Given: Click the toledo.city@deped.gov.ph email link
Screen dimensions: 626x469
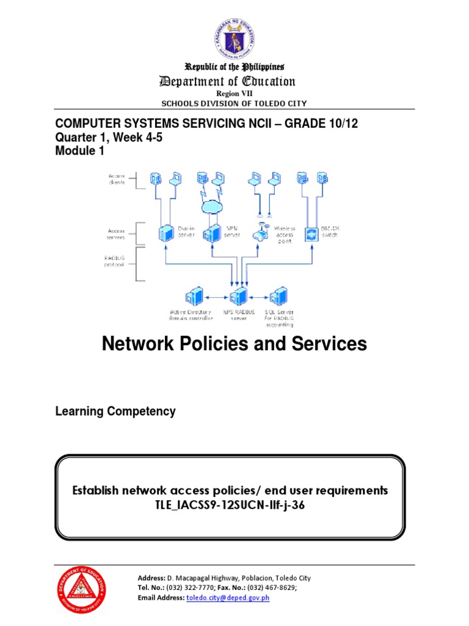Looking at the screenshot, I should click(228, 597).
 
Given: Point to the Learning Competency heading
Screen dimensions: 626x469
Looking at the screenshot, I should click(115, 411).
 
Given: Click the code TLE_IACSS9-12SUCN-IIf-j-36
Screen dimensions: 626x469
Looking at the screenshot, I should click(230, 504).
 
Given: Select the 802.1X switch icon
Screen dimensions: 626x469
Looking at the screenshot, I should click(311, 233).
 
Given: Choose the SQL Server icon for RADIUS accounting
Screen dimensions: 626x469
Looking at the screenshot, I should click(280, 296).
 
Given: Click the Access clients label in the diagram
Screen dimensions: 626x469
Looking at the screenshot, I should click(116, 179).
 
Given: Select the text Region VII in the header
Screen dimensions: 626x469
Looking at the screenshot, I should click(234, 94).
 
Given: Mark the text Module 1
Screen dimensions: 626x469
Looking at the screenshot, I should click(80, 153).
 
